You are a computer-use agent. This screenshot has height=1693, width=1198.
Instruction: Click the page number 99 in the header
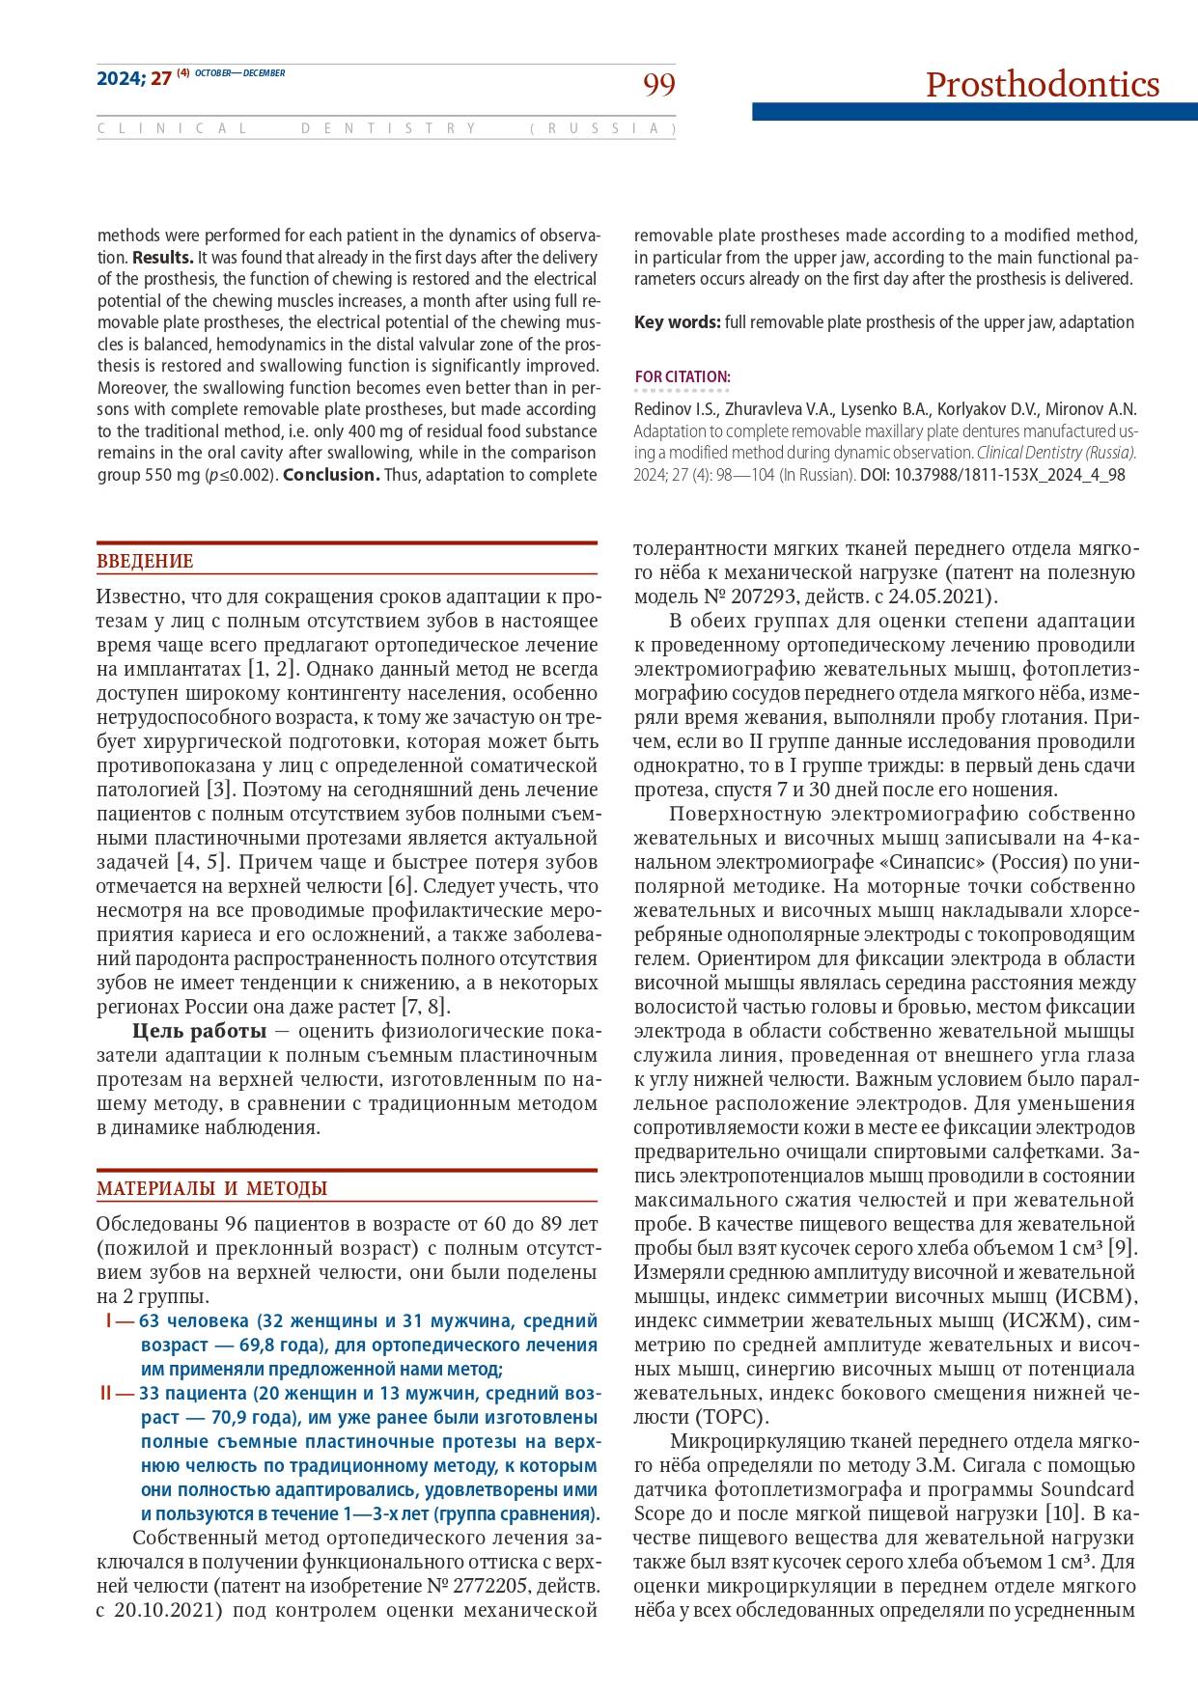pos(659,86)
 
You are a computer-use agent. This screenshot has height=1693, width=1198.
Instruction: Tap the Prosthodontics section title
pos(1042,85)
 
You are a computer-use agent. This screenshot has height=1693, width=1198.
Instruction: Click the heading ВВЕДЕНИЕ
pos(145,562)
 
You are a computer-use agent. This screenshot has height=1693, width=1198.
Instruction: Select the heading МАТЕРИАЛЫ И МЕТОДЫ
pos(211,1189)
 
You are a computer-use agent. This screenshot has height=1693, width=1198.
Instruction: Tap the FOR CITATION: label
pos(683,376)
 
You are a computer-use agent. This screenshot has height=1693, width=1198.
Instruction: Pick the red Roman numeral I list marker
pos(108,1320)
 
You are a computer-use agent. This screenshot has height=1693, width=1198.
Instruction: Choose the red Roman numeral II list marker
pos(106,1393)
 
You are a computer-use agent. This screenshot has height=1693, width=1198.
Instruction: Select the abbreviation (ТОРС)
pos(731,1417)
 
